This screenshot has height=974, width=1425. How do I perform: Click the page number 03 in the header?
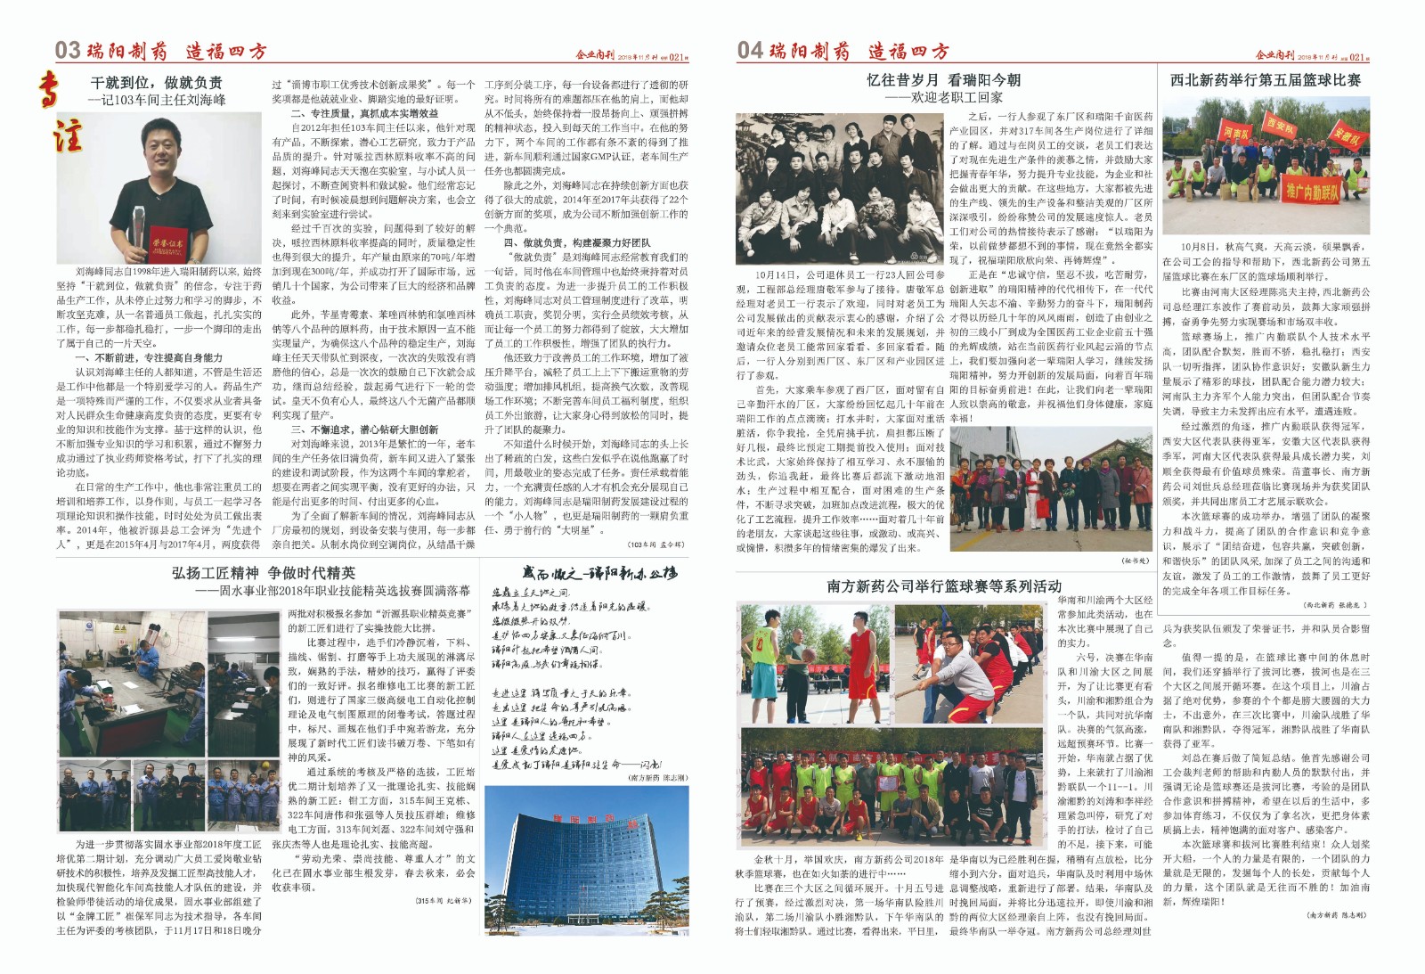point(68,50)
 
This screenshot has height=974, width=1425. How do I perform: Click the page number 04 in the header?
point(750,50)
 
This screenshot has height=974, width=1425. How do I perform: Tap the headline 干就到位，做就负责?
point(157,83)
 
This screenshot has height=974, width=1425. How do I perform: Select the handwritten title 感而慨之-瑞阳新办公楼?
point(599,573)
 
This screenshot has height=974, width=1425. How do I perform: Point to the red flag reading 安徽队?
point(1346,138)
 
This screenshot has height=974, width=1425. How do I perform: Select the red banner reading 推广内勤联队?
point(1311,190)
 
